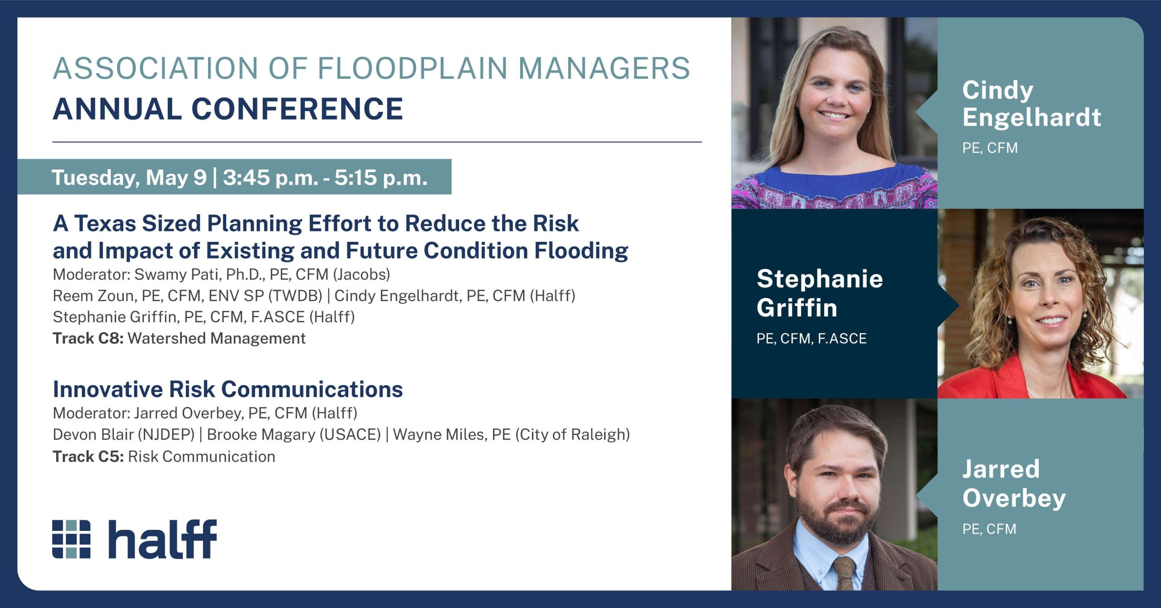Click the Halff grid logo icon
pos(71,539)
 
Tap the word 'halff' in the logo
pos(162,539)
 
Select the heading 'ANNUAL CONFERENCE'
pos(228,109)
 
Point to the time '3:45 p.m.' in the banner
pos(270,177)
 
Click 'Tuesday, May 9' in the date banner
pos(129,178)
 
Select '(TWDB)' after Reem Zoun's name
pos(295,296)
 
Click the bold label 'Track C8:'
pos(88,338)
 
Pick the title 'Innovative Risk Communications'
pos(228,389)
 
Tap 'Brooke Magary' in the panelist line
pos(261,435)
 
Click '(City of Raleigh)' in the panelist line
pos(572,435)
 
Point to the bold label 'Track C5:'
pos(88,456)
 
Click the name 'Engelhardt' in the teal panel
pos(1032,118)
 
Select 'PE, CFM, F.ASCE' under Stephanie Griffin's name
pos(811,338)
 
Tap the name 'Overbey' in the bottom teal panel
pos(1014,499)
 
